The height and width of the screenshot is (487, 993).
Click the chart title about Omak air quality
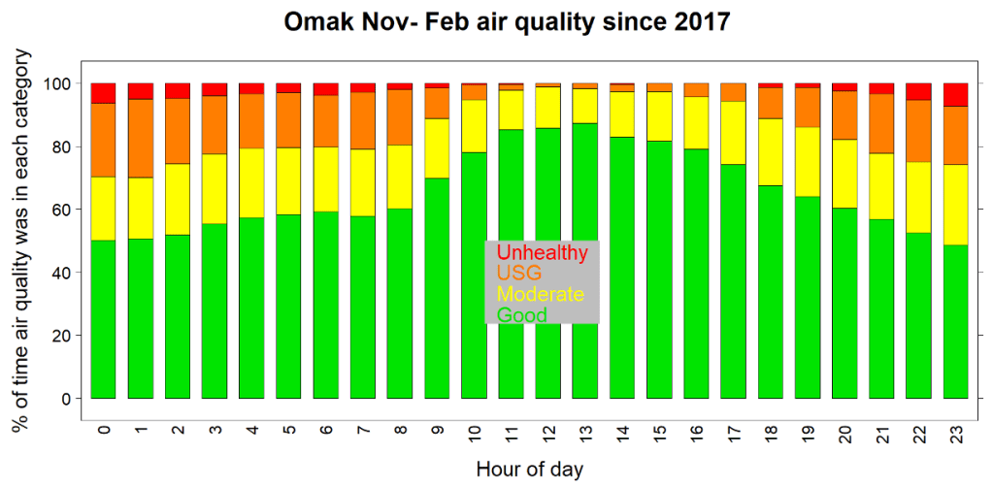pos(506,21)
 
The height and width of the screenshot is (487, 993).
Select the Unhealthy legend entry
pos(542,252)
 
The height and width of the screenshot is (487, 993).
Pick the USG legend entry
pos(518,274)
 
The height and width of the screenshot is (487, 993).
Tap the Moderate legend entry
pos(540,294)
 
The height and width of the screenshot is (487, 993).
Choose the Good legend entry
pos(521,315)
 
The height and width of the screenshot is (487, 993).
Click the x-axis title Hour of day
pos(529,470)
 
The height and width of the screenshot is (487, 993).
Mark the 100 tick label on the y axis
pos(57,83)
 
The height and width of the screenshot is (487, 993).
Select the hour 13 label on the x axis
pos(584,432)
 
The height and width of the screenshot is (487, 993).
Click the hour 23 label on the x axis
pos(955,432)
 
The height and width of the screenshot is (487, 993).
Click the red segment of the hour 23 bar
pos(955,95)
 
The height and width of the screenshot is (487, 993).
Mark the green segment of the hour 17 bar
pos(733,281)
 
